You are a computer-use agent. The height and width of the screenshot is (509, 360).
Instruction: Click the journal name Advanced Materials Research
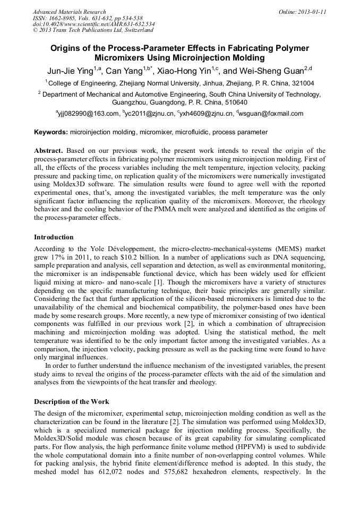(x=69, y=12)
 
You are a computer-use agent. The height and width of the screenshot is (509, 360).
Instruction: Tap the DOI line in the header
(x=93, y=24)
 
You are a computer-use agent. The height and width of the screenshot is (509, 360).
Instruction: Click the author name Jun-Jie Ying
(x=69, y=71)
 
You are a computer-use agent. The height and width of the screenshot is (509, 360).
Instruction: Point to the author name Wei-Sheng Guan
(x=272, y=71)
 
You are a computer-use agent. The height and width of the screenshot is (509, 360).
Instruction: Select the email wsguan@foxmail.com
(x=271, y=114)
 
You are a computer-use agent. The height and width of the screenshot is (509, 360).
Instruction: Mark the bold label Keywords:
(x=51, y=132)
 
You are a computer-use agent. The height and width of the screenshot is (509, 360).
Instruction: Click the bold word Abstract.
(x=48, y=151)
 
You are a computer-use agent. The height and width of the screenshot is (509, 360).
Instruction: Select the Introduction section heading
(x=54, y=237)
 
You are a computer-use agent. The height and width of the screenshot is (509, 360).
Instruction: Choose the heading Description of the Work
(x=72, y=402)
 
